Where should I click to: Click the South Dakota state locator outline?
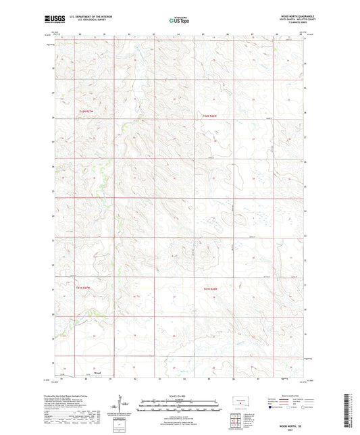pos(241,400)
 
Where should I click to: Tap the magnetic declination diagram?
pos(125,407)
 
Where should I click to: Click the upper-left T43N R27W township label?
pos(84,111)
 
